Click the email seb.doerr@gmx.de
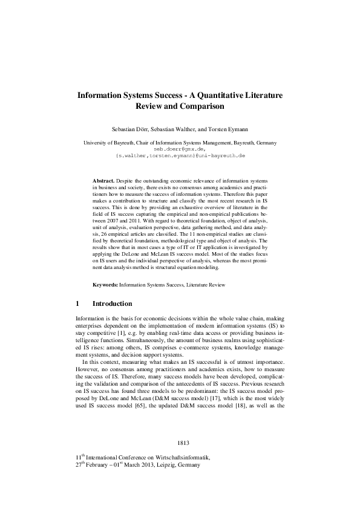coord(180,149)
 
